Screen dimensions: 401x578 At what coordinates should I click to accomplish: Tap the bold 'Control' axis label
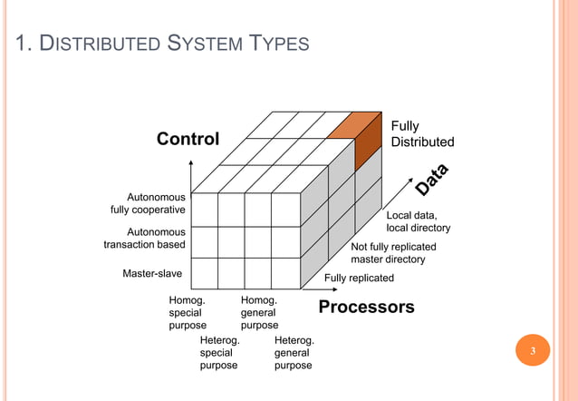pos(188,139)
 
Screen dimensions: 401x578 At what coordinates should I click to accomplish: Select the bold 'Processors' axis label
pos(366,307)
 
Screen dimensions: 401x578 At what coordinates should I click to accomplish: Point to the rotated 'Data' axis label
pos(432,178)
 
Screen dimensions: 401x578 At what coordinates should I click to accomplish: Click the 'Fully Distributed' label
pos(422,134)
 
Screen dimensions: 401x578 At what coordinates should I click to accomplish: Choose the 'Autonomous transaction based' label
pos(145,238)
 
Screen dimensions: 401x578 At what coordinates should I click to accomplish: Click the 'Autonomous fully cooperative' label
pos(148,203)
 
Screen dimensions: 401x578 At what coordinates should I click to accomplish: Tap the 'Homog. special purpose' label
pos(188,311)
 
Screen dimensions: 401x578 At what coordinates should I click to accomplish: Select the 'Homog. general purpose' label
pos(259,311)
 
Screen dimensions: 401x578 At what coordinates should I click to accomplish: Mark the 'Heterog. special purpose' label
pos(218,352)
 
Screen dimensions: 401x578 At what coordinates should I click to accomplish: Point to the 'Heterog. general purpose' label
pos(294,352)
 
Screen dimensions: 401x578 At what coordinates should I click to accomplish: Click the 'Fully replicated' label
pos(359,278)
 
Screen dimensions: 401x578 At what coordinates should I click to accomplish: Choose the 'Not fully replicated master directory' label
pos(388,253)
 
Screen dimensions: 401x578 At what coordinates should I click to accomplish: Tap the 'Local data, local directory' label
pos(418,221)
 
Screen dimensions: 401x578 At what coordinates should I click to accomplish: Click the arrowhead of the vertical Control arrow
pos(191,163)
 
